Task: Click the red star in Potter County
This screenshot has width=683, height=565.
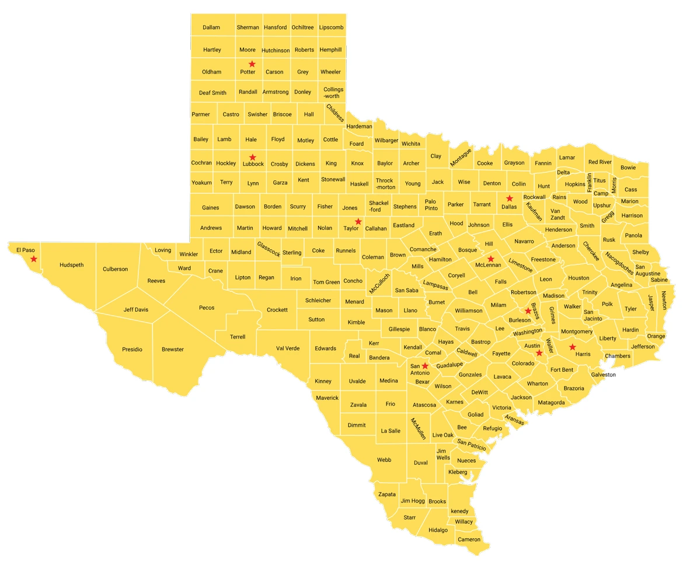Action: point(252,64)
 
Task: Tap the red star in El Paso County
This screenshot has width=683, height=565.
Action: point(34,259)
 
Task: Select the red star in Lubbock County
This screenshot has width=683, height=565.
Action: point(253,157)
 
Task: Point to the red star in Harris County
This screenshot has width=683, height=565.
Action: point(573,347)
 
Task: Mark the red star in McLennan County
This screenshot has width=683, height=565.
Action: point(491,258)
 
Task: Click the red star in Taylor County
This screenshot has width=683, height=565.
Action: point(358,221)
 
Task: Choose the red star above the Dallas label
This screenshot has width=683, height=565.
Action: point(510,198)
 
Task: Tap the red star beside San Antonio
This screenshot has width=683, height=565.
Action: point(425,365)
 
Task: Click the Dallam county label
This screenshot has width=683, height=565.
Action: point(211,27)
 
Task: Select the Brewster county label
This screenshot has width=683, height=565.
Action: point(173,350)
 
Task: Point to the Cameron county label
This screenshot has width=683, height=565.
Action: point(469,539)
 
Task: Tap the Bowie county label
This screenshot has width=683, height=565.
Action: point(628,168)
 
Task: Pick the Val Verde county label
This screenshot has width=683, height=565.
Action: point(288,348)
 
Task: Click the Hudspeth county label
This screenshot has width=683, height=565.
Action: point(72,265)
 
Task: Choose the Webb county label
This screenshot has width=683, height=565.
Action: point(384,460)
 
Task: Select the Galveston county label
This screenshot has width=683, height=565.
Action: point(603,375)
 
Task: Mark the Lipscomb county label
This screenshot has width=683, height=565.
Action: point(331,27)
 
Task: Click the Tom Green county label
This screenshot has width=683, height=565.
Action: point(326,282)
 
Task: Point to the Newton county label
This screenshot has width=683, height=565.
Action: point(664,300)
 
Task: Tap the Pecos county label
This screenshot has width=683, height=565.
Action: point(207,308)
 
